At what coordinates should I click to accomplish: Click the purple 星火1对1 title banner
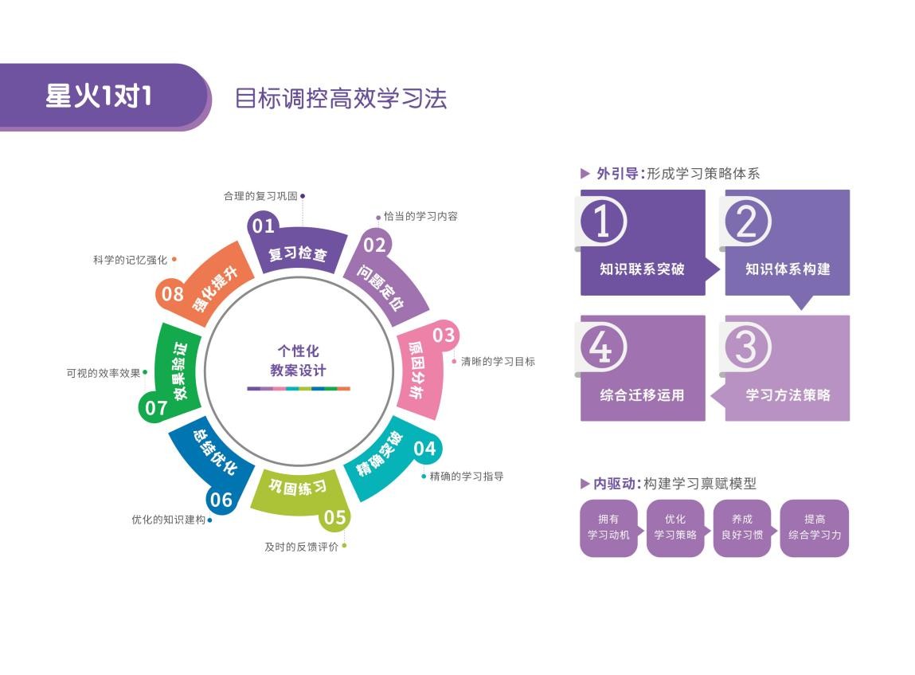[x=100, y=96]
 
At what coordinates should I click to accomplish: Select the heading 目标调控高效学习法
[x=340, y=98]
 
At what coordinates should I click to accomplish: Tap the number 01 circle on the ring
[x=264, y=226]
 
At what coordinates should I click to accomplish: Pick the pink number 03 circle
[x=443, y=336]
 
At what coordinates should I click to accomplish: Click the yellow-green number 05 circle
[x=334, y=517]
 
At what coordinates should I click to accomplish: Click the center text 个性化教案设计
[x=298, y=361]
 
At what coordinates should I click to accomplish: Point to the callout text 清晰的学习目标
[x=498, y=361]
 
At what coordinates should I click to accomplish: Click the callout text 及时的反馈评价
[x=302, y=547]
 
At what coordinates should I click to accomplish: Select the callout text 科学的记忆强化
[x=130, y=260]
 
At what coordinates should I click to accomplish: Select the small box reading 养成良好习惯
[x=741, y=528]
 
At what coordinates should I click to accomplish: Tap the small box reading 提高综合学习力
[x=814, y=528]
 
